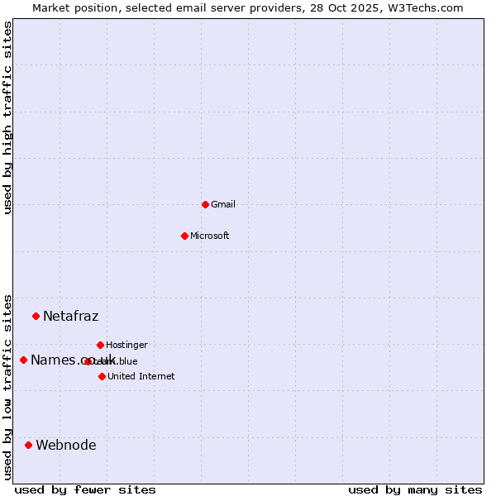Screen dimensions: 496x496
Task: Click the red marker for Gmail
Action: coord(205,204)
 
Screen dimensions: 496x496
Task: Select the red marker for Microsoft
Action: coord(185,236)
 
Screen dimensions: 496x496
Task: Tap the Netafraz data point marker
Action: coord(36,316)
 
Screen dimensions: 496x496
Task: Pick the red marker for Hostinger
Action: coord(100,345)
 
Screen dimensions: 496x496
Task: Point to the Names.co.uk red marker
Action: coord(23,360)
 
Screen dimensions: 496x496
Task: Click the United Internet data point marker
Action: coord(102,376)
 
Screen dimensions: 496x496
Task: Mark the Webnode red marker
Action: coord(28,445)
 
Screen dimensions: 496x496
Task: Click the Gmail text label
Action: coord(223,204)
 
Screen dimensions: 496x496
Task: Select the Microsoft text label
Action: coord(210,236)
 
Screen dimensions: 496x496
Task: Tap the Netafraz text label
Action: coord(70,316)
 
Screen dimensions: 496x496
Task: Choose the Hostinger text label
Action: coord(126,345)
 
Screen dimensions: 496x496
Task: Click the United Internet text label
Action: coord(141,376)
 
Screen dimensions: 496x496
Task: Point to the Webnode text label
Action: coord(65,445)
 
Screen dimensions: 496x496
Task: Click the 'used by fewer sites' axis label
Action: coord(84,489)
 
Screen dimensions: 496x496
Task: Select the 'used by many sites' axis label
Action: coord(415,489)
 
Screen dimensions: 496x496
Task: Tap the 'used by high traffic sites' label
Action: coord(7,117)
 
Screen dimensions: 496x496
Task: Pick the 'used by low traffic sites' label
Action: coord(7,386)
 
